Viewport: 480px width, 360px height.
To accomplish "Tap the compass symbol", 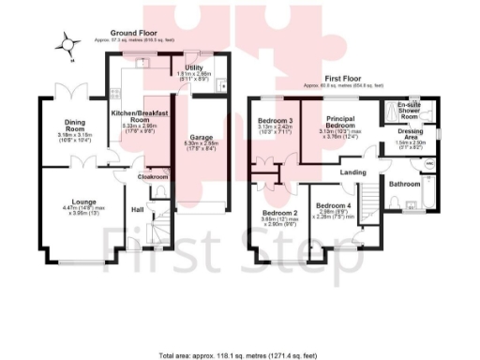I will [66, 41].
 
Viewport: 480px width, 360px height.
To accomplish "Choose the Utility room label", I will [195, 67].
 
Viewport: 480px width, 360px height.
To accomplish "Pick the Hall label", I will [136, 209].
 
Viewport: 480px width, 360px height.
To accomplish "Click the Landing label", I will [352, 172].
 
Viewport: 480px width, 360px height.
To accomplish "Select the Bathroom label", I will [405, 184].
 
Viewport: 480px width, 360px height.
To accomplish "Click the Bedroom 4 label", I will [335, 205].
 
